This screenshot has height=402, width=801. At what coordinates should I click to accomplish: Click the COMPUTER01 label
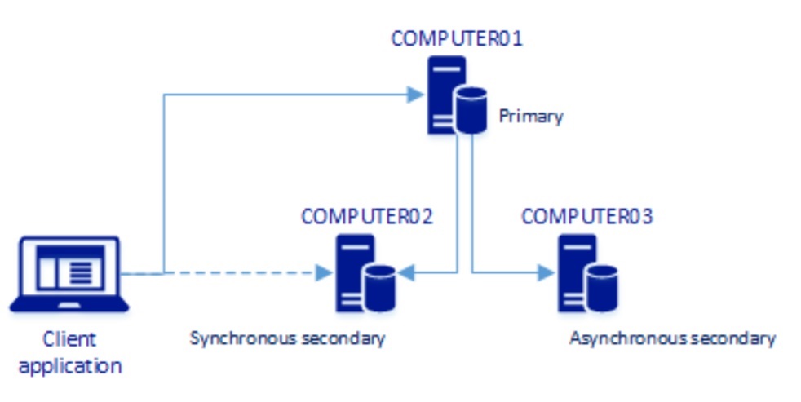456,38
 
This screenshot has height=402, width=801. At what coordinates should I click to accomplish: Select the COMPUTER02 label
366,217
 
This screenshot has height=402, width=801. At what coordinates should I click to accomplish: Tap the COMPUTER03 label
586,217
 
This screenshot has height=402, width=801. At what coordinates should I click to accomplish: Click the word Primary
530,117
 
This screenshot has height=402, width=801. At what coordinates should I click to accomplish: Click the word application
69,366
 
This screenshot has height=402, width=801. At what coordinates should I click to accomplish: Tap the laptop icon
69,274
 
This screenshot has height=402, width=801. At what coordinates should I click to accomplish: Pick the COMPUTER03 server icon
576,272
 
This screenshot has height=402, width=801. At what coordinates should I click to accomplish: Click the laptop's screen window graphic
69,267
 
